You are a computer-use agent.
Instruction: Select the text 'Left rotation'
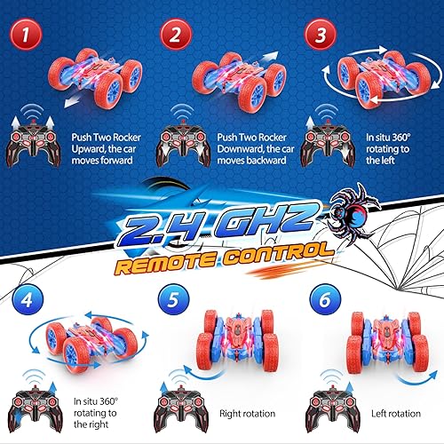pos(392,413)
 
